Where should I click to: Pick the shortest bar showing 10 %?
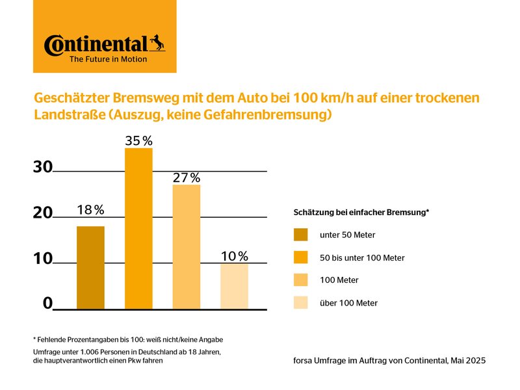(x=234, y=285)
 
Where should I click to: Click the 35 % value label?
(x=138, y=140)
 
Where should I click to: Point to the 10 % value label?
(x=234, y=256)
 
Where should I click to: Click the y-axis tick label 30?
(x=43, y=167)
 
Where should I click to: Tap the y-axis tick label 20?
(x=43, y=213)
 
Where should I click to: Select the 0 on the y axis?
(x=47, y=303)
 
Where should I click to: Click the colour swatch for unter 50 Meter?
(x=300, y=235)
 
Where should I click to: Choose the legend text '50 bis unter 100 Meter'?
(x=362, y=258)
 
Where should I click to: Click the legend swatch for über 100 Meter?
(x=300, y=303)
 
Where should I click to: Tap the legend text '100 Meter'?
(x=339, y=280)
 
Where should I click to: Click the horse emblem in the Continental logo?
(x=157, y=43)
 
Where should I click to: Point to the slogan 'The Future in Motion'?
(x=108, y=59)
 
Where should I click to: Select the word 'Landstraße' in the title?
(x=67, y=116)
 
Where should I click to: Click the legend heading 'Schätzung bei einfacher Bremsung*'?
(x=361, y=213)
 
